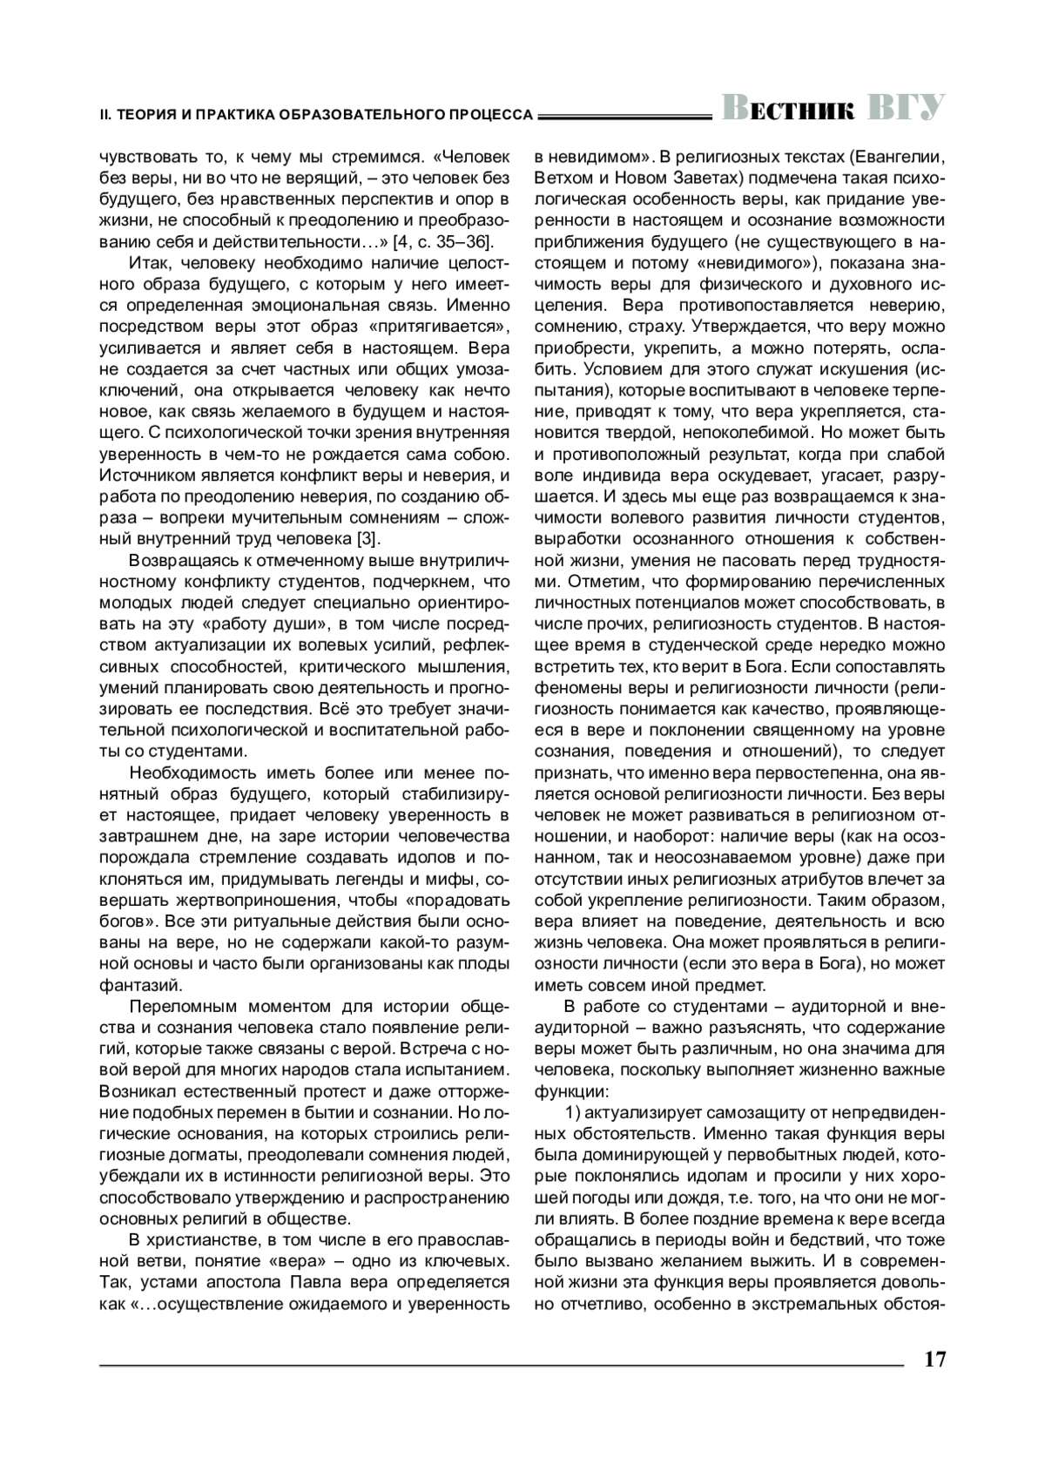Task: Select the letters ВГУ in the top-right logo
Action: click(907, 109)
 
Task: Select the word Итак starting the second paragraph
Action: click(150, 262)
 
